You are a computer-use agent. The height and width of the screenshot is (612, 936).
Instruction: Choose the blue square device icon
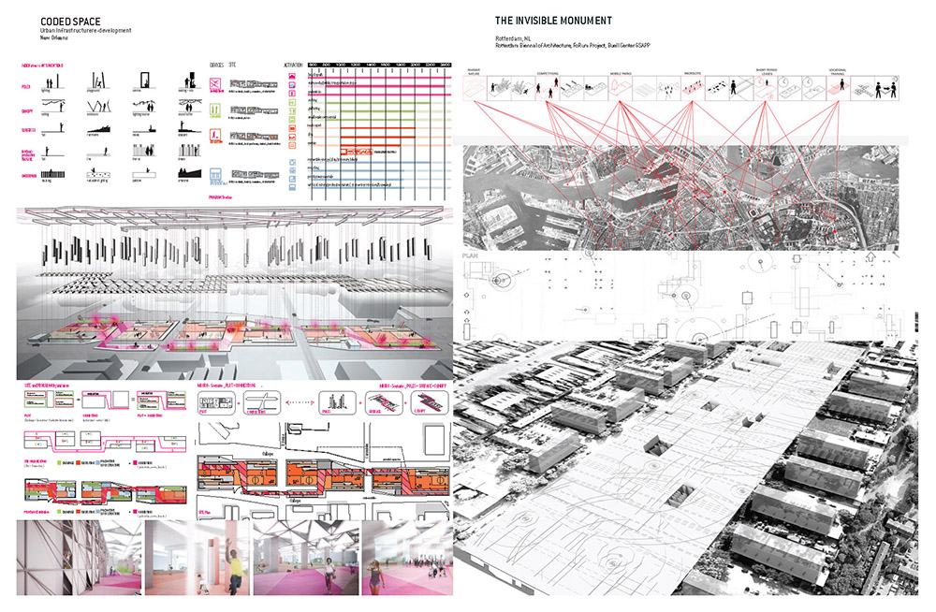point(214,176)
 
